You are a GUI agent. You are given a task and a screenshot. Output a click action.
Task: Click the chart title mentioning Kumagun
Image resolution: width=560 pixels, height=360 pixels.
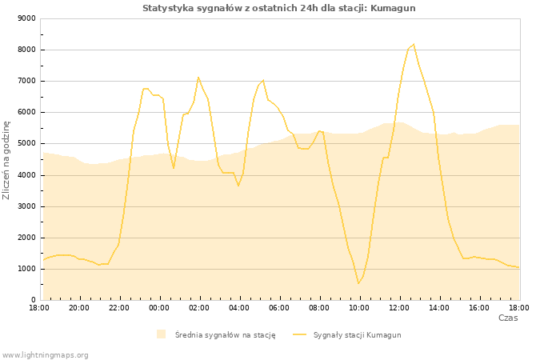pos(279,8)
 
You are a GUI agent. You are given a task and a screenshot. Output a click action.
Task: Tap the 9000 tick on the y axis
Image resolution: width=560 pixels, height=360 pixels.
pos(26,18)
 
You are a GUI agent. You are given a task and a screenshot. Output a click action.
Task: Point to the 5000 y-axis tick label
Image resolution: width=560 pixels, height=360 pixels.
pos(26,144)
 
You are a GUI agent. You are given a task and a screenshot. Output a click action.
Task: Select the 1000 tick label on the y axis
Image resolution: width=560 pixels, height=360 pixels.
pos(26,269)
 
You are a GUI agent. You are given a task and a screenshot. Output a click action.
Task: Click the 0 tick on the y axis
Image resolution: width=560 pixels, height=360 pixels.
pos(32,300)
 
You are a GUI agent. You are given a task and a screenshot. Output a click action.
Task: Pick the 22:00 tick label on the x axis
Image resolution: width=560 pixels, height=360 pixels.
pos(119,307)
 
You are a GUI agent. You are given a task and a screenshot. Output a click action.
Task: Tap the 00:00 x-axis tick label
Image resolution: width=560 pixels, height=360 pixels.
pos(159,307)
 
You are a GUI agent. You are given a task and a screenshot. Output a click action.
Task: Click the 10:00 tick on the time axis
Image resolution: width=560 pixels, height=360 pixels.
pos(359,307)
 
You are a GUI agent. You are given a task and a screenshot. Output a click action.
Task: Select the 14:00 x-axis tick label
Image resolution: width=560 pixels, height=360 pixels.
pos(439,307)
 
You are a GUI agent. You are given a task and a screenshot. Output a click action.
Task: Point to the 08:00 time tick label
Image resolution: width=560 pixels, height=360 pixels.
pos(319,307)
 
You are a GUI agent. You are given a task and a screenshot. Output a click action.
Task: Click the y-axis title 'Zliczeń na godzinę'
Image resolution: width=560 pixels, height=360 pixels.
pos(7,160)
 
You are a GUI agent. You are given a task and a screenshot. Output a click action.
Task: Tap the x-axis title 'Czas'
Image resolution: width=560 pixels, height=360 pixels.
pos(508,318)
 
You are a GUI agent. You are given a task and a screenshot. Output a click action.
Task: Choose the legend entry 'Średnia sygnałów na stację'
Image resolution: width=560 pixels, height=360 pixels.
pos(225,334)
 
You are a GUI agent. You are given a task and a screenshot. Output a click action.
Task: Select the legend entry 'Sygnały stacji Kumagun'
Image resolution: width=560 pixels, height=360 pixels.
pos(357,334)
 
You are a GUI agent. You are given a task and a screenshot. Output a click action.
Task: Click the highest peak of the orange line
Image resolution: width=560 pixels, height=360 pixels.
pos(413,45)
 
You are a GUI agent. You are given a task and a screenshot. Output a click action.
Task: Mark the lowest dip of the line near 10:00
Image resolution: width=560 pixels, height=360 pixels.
pos(358,283)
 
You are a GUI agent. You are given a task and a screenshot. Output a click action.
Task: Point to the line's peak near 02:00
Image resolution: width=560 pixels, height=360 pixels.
pos(198,78)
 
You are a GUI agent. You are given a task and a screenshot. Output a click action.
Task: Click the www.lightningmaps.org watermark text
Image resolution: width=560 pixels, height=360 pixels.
pos(46,354)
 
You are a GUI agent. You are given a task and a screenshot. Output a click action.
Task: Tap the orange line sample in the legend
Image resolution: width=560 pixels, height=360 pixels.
pos(300,334)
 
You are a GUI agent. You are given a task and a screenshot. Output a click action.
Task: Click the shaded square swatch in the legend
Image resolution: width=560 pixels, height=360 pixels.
pos(161,334)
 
